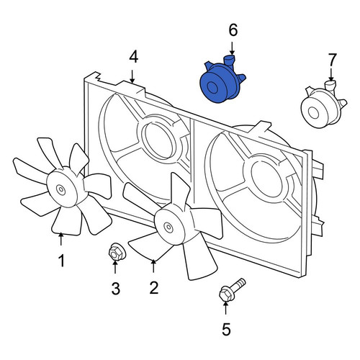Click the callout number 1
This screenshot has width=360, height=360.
[62, 261]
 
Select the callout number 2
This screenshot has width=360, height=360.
[153, 287]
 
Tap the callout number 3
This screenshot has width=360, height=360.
[116, 289]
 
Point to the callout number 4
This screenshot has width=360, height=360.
[134, 58]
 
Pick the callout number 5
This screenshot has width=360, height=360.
[226, 329]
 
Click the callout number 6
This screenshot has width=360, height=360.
[233, 30]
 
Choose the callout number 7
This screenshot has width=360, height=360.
[332, 60]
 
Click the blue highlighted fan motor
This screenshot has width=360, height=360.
[221, 80]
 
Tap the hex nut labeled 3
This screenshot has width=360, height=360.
[116, 252]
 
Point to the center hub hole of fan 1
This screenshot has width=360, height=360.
[61, 189]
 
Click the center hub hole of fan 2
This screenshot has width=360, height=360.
[168, 226]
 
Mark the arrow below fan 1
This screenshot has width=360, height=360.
[61, 239]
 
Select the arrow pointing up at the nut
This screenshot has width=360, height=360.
[115, 267]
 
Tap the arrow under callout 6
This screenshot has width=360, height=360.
[232, 48]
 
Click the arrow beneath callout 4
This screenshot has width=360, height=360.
[132, 76]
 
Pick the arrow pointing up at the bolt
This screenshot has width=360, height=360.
[225, 307]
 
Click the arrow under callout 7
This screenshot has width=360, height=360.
[331, 75]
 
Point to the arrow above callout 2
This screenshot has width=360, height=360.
[153, 266]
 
